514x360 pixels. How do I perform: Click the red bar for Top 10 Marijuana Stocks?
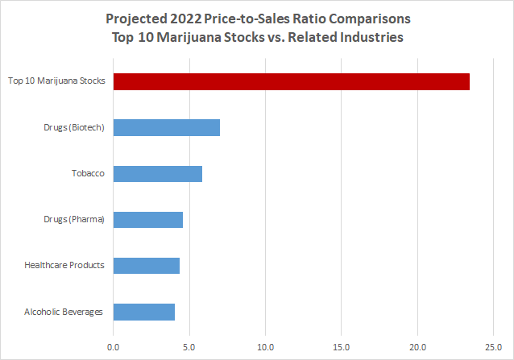tap(291, 81)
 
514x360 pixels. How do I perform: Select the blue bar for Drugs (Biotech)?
tap(166, 127)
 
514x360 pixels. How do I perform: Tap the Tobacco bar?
tap(157, 173)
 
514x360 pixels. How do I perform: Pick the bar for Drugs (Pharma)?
tap(147, 219)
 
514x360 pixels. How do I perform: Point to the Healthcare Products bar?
tap(146, 265)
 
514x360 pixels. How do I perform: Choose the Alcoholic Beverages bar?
tap(143, 312)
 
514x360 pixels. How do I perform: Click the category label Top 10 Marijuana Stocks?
tap(56, 81)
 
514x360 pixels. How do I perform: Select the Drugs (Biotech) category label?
tap(73, 127)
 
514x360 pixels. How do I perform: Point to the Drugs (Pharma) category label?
tap(73, 219)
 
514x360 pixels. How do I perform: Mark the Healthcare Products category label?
tap(64, 265)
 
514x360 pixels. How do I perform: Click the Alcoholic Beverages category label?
tap(63, 312)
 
